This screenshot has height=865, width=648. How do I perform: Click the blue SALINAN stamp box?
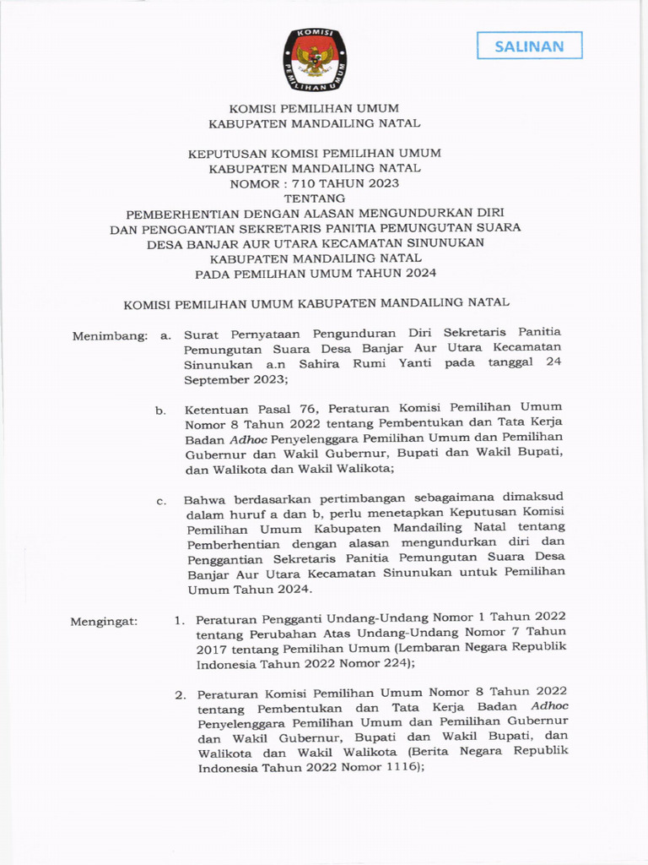coord(529,46)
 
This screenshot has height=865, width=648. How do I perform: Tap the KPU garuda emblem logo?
coord(314,58)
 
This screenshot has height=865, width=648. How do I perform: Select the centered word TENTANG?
coord(314,198)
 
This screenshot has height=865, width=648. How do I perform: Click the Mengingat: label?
coord(104,622)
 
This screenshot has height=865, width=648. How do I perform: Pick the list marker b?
coord(159,411)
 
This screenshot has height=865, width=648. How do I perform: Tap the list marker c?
coord(159,501)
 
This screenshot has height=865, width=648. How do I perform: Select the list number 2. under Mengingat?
coord(181,695)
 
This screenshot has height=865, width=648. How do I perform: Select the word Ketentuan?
coord(215,410)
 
